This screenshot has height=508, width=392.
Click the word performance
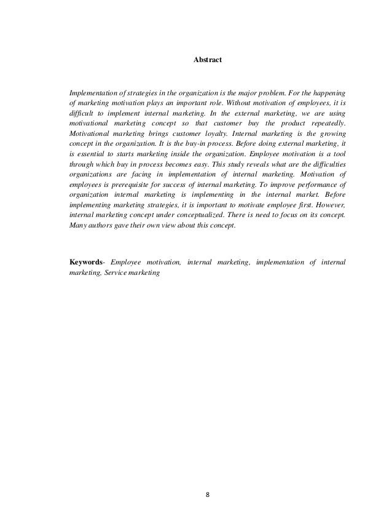pos(315,199)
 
